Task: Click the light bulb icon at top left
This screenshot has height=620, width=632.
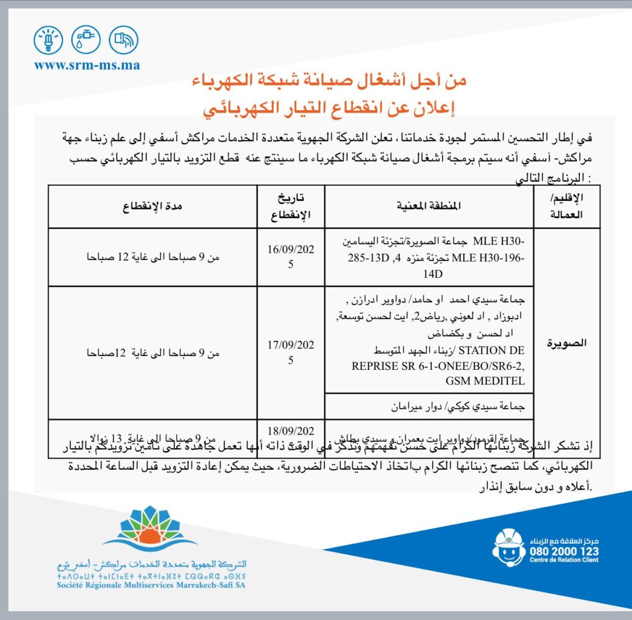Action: tap(48, 41)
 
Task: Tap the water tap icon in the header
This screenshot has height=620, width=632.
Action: tap(85, 41)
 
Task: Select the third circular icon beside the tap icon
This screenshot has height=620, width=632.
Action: tap(123, 41)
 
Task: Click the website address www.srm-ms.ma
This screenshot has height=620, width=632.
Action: tap(87, 65)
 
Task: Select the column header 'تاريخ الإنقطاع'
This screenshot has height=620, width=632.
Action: tap(291, 206)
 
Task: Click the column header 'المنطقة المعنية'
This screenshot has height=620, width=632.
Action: tap(429, 206)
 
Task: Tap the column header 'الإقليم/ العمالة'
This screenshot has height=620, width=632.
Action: tap(567, 206)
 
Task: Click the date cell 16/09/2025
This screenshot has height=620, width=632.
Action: tap(291, 256)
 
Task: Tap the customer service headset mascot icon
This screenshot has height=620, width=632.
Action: tap(509, 546)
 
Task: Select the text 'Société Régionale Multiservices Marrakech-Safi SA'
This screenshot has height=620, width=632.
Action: tap(152, 585)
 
